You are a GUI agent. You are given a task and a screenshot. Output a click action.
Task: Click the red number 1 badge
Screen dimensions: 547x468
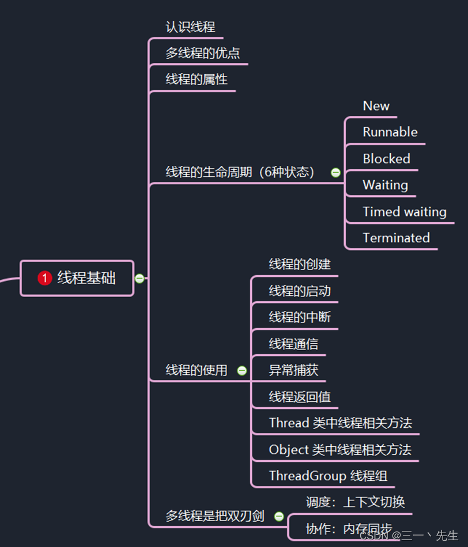pyautogui.click(x=45, y=279)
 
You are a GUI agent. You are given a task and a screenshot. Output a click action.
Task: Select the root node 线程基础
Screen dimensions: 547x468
pyautogui.click(x=86, y=278)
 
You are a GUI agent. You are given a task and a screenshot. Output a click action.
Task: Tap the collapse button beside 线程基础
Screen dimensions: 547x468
pyautogui.click(x=139, y=279)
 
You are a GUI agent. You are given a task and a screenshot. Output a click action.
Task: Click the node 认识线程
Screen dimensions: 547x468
pyautogui.click(x=190, y=27)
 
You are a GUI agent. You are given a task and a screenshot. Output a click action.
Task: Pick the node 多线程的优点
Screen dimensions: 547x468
pyautogui.click(x=203, y=54)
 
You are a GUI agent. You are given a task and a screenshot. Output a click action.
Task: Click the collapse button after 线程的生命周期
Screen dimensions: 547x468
pyautogui.click(x=335, y=173)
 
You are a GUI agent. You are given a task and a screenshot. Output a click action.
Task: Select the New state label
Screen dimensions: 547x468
pyautogui.click(x=376, y=106)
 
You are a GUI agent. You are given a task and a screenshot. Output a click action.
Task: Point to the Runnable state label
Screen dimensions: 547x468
pyautogui.click(x=390, y=132)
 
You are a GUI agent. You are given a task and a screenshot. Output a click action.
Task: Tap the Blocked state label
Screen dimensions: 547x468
pyautogui.click(x=386, y=159)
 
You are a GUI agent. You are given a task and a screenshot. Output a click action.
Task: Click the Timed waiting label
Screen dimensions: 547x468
pyautogui.click(x=405, y=212)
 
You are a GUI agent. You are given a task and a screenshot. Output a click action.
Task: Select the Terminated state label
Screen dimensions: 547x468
pyautogui.click(x=396, y=238)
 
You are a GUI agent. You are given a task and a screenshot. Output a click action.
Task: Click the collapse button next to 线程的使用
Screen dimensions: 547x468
pyautogui.click(x=242, y=371)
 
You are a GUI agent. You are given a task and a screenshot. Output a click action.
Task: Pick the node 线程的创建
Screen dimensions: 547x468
pyautogui.click(x=300, y=264)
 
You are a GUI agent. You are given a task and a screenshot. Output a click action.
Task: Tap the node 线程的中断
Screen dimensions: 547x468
pyautogui.click(x=300, y=317)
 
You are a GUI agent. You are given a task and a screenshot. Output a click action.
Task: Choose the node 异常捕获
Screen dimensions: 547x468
pyautogui.click(x=293, y=370)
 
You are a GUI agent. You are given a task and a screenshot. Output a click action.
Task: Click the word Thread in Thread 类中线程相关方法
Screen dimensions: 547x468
pyautogui.click(x=289, y=423)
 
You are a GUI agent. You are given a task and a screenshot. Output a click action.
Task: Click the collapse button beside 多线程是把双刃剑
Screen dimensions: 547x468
pyautogui.click(x=279, y=516)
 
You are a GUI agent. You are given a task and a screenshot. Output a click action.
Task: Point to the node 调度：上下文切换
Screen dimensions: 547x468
pyautogui.click(x=355, y=503)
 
